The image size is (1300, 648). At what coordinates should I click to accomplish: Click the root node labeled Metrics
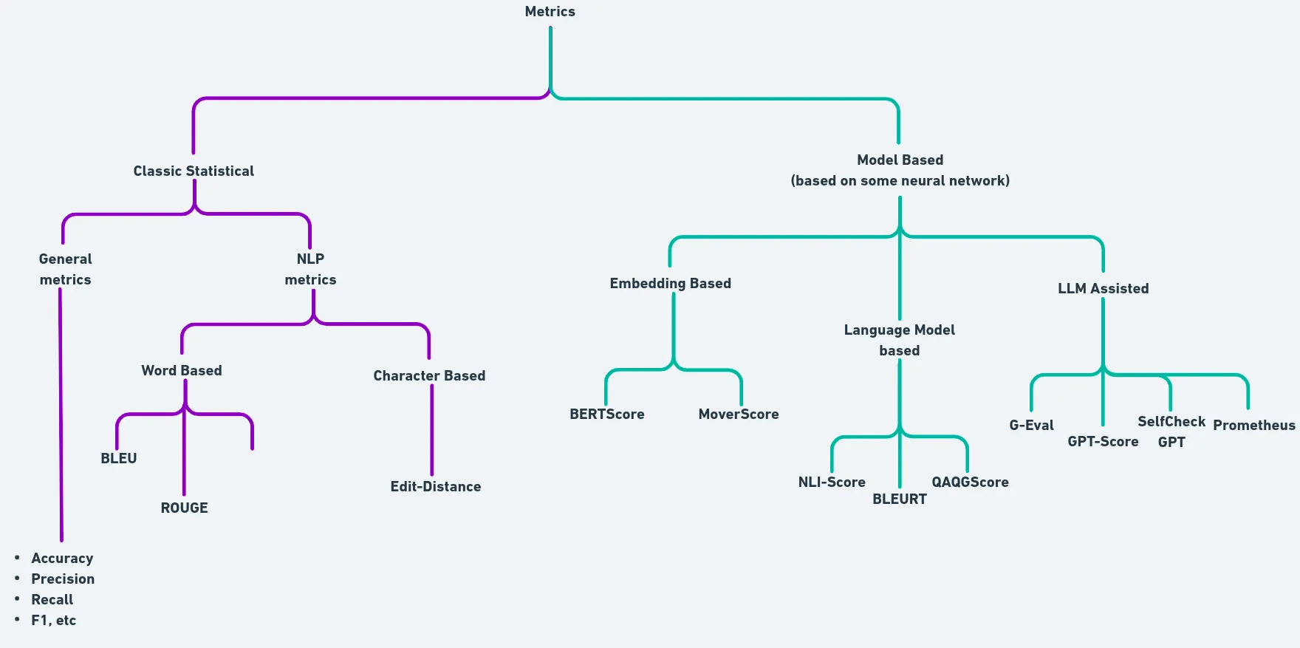pyautogui.click(x=550, y=12)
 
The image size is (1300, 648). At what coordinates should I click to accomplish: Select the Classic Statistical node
pyautogui.click(x=194, y=171)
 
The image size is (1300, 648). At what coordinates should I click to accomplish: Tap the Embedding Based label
pyautogui.click(x=670, y=284)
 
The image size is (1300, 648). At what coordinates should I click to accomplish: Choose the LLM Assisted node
pyautogui.click(x=1103, y=289)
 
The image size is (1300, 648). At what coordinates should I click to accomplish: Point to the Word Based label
pyautogui.click(x=182, y=371)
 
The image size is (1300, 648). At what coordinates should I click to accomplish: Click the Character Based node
pyautogui.click(x=429, y=376)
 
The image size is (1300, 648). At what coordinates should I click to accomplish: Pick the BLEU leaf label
pyautogui.click(x=119, y=459)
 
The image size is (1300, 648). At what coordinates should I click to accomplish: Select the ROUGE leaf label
pyautogui.click(x=185, y=508)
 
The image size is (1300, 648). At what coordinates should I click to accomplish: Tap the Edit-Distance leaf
pyautogui.click(x=436, y=487)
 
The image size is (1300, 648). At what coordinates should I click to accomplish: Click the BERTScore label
pyautogui.click(x=607, y=415)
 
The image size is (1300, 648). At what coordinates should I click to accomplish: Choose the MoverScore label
pyautogui.click(x=739, y=415)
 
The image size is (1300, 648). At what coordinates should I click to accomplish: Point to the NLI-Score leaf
pyautogui.click(x=832, y=482)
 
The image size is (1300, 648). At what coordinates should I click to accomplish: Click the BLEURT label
pyautogui.click(x=900, y=499)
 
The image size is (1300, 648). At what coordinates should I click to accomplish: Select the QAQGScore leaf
pyautogui.click(x=970, y=482)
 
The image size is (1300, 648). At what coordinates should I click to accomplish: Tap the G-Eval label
pyautogui.click(x=1031, y=426)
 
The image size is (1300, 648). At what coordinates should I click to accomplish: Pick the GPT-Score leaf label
pyautogui.click(x=1103, y=442)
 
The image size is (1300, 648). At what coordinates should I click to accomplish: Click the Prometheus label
pyautogui.click(x=1254, y=426)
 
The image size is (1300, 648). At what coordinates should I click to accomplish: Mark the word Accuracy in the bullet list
pyautogui.click(x=62, y=559)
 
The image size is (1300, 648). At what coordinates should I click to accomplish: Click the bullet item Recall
pyautogui.click(x=52, y=600)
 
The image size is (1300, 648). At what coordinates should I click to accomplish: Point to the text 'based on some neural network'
pyautogui.click(x=900, y=181)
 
